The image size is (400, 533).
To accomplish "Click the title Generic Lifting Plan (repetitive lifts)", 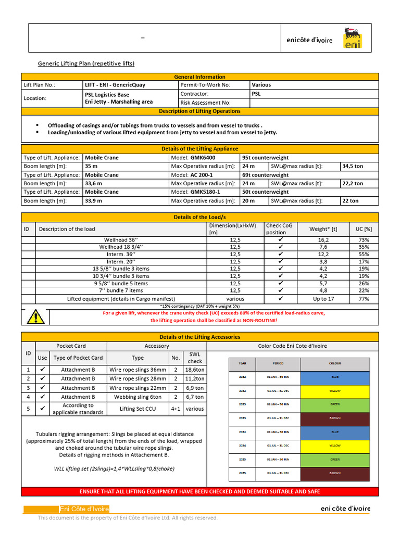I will tap(86, 64).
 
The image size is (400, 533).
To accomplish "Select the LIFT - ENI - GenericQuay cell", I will tap(115, 85).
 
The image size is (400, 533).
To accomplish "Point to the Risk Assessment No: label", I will tap(205, 103).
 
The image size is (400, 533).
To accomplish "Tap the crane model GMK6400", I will tap(203, 158).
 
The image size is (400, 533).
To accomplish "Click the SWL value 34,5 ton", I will tap(353, 166).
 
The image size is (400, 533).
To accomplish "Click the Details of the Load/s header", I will tap(200, 217).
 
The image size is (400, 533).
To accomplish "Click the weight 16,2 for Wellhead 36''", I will tap(323, 239).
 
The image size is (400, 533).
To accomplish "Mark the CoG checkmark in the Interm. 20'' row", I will tap(280, 261).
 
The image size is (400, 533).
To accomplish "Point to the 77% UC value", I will tap(364, 299).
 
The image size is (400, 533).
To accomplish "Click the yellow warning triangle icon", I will tap(35, 316).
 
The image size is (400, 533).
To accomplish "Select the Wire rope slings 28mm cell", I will tap(137, 379).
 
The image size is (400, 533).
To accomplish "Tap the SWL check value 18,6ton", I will tap(195, 370).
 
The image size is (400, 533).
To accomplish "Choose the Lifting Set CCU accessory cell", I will tap(137, 409).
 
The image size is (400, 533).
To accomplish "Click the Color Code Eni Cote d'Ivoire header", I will tap(293, 346).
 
